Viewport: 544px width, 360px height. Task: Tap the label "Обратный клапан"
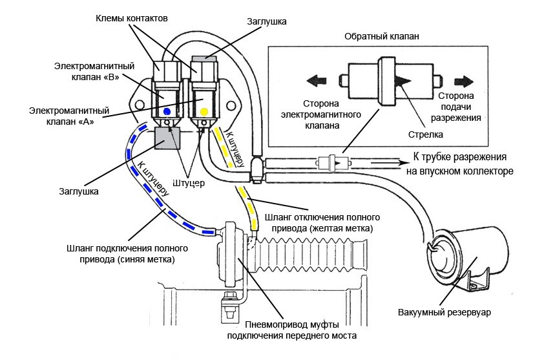(382, 36)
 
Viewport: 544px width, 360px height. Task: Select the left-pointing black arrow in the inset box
(317, 81)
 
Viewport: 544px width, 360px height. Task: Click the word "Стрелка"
(426, 135)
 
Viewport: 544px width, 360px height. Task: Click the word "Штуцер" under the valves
(189, 183)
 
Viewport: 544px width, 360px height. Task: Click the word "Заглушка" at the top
(267, 21)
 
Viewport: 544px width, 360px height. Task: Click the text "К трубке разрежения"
(455, 158)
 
